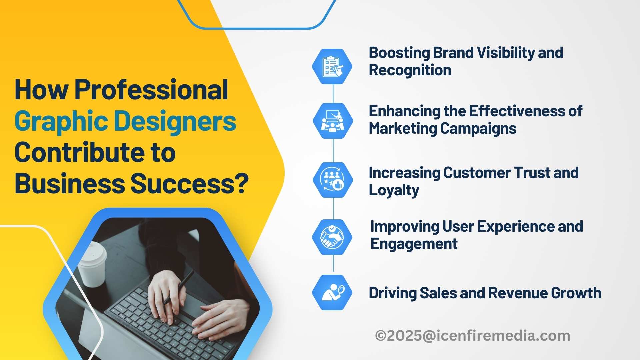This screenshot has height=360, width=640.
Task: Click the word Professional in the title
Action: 151,90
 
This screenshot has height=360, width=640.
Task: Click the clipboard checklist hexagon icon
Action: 332,66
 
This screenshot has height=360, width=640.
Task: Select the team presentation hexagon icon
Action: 333,121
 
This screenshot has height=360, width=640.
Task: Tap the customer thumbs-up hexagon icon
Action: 333,180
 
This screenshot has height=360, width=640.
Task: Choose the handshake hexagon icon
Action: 332,237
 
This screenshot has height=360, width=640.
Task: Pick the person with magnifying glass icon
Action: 332,292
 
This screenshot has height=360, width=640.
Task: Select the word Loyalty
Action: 394,190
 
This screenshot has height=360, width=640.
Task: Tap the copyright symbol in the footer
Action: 381,336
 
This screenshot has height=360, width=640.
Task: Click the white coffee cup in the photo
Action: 92,264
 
